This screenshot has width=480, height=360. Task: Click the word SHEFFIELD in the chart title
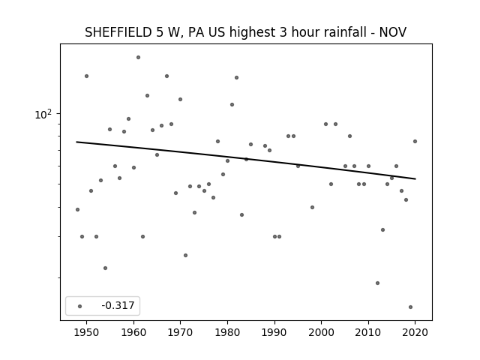(118, 32)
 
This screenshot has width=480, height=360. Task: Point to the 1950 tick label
(87, 332)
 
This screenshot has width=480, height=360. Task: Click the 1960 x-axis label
(133, 332)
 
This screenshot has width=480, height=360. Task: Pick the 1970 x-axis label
(180, 332)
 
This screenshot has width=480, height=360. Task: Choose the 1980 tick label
(227, 332)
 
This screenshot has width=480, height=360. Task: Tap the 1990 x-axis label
(274, 332)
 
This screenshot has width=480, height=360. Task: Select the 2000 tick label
(322, 332)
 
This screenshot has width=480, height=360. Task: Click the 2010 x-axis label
(368, 332)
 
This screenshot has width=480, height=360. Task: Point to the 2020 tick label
(415, 332)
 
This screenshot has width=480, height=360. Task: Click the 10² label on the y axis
(43, 114)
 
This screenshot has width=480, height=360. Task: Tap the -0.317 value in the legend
(118, 305)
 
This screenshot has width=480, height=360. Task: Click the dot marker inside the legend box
(80, 306)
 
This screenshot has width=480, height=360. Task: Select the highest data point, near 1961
(138, 57)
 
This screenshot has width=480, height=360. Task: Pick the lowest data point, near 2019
(410, 307)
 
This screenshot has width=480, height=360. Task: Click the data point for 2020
(415, 142)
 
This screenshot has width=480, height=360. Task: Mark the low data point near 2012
(377, 283)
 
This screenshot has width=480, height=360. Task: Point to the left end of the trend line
(76, 142)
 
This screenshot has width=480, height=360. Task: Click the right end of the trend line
(415, 178)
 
